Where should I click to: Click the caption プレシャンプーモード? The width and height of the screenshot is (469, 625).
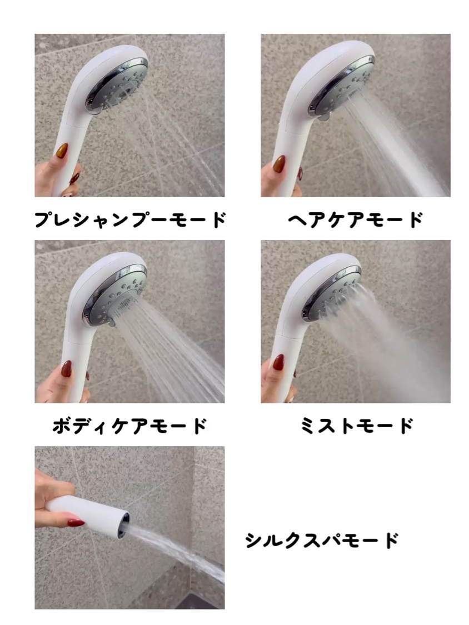[x=130, y=219]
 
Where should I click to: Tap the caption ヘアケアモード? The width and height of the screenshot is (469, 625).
[x=355, y=219]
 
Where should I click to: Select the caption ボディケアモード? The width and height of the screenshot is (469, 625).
[x=130, y=426]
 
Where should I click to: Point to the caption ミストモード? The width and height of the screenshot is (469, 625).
[x=356, y=426]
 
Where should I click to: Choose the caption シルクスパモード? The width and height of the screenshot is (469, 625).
[x=322, y=541]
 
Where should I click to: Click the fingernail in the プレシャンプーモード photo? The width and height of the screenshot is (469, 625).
[x=62, y=151]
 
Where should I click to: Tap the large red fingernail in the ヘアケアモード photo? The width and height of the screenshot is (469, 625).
[x=279, y=163]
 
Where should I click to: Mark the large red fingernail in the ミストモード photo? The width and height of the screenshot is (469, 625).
[x=278, y=363]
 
